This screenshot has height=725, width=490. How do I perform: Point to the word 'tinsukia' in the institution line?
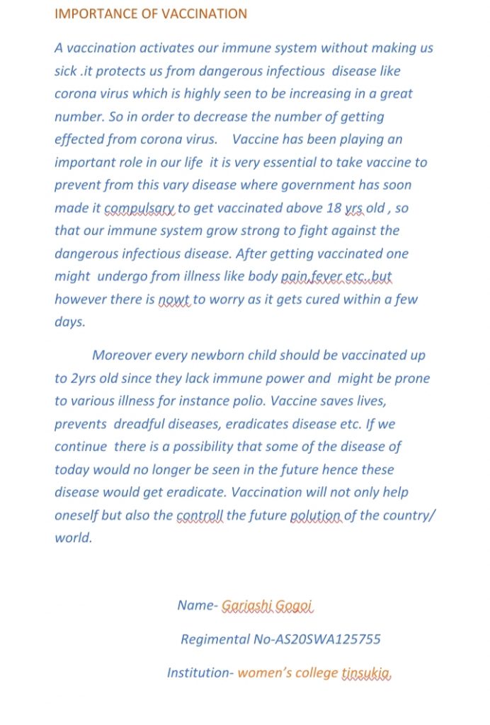[x=365, y=673]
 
